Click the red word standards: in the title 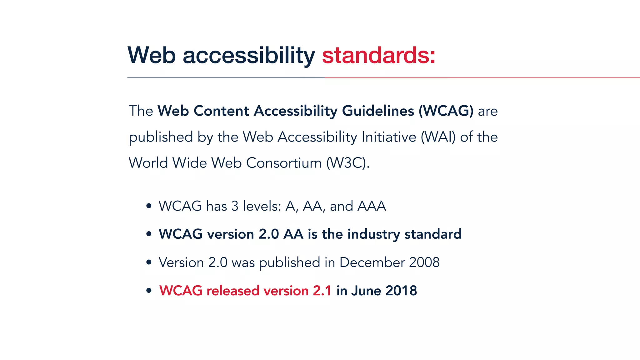pyautogui.click(x=378, y=56)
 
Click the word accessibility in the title pyautogui.click(x=249, y=56)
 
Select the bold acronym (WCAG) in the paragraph pyautogui.click(x=446, y=111)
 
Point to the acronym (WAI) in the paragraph pyautogui.click(x=438, y=137)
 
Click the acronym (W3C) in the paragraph pyautogui.click(x=347, y=163)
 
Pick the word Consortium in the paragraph pyautogui.click(x=284, y=163)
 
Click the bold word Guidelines pyautogui.click(x=378, y=111)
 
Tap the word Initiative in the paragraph pyautogui.click(x=388, y=137)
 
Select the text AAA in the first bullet pyautogui.click(x=372, y=206)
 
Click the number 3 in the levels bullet pyautogui.click(x=235, y=206)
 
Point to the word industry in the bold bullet pyautogui.click(x=373, y=234)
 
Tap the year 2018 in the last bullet pyautogui.click(x=401, y=291)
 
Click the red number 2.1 pyautogui.click(x=322, y=291)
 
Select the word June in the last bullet pyautogui.click(x=366, y=291)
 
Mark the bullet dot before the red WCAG pyautogui.click(x=149, y=291)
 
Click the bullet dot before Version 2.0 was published pyautogui.click(x=149, y=262)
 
